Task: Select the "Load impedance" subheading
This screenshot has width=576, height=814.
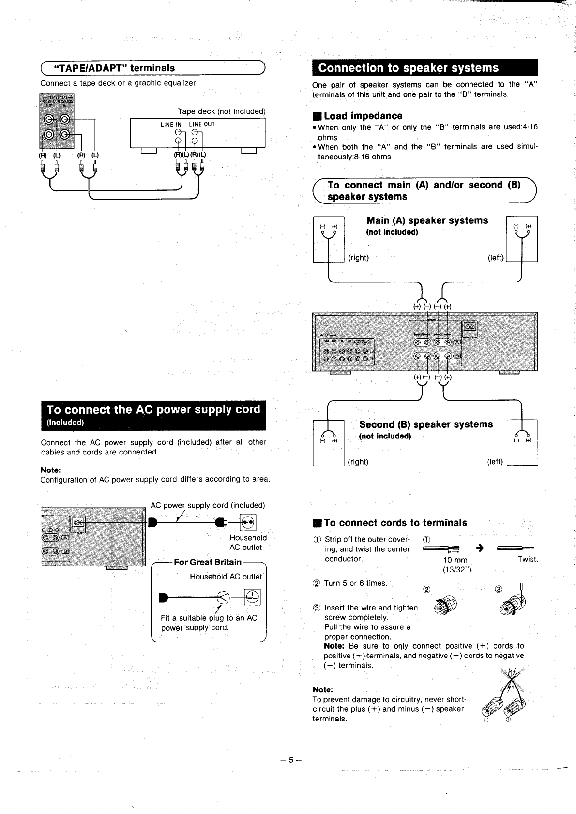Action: tap(363, 116)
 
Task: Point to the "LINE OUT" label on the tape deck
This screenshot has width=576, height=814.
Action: tap(202, 125)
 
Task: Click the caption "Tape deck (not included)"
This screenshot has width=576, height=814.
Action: tap(222, 111)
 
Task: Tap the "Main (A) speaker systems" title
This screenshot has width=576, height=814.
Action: tap(427, 221)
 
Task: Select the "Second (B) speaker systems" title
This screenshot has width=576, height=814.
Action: tap(425, 424)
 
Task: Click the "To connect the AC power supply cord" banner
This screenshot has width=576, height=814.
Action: tap(153, 410)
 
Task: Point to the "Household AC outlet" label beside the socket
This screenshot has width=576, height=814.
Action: tap(248, 543)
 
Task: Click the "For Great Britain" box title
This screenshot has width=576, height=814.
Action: tap(207, 562)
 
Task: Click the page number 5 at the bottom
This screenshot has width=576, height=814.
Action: tap(290, 760)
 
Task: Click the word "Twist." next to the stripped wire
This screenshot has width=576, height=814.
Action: tap(528, 559)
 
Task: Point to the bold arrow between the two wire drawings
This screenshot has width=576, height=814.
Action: tap(480, 548)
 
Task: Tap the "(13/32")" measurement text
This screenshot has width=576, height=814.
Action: tap(456, 569)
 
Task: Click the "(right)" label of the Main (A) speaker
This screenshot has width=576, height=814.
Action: tap(358, 258)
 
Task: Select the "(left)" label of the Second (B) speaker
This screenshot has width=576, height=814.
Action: tap(495, 462)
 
